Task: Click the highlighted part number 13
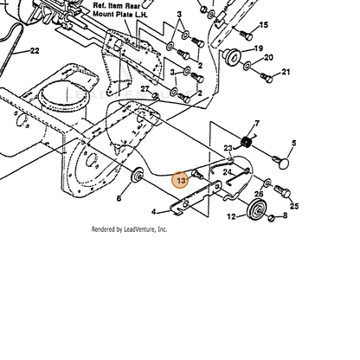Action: [181, 181]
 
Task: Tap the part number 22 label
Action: [35, 51]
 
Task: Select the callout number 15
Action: [264, 25]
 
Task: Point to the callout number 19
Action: [258, 48]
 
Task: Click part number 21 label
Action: [286, 72]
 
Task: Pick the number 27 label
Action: [145, 88]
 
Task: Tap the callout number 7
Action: [257, 124]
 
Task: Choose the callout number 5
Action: [294, 143]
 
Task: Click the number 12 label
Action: [231, 216]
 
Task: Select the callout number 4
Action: [154, 212]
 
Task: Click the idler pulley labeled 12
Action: [255, 209]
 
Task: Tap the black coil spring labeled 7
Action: [246, 142]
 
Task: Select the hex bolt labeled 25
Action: [283, 191]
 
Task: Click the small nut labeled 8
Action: [271, 217]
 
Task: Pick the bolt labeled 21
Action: [267, 77]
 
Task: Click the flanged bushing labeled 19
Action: [230, 56]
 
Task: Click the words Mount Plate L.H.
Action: [120, 14]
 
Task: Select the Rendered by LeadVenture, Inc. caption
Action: [129, 229]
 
